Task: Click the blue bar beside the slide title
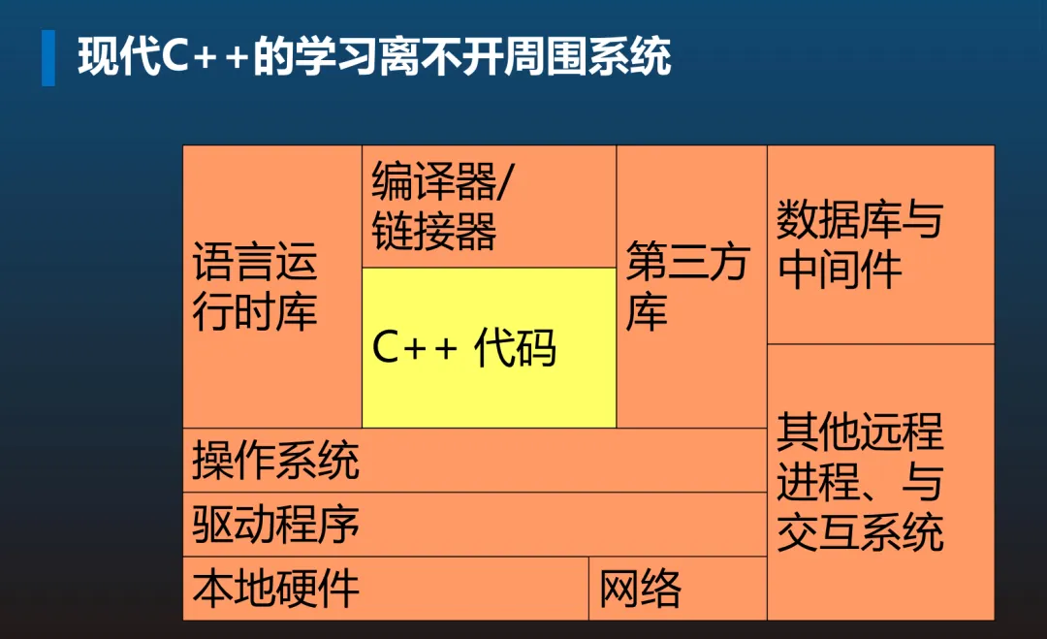click(48, 57)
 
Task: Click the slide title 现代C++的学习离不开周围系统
click(374, 56)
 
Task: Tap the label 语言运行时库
click(255, 287)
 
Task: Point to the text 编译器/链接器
click(444, 206)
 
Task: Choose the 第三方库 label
click(687, 287)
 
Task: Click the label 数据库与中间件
click(859, 245)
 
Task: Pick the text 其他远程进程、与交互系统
click(859, 482)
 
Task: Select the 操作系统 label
click(275, 460)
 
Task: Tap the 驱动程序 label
click(275, 524)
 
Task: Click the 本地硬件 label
click(275, 588)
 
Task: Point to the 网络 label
click(640, 588)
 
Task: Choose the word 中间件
click(840, 270)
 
